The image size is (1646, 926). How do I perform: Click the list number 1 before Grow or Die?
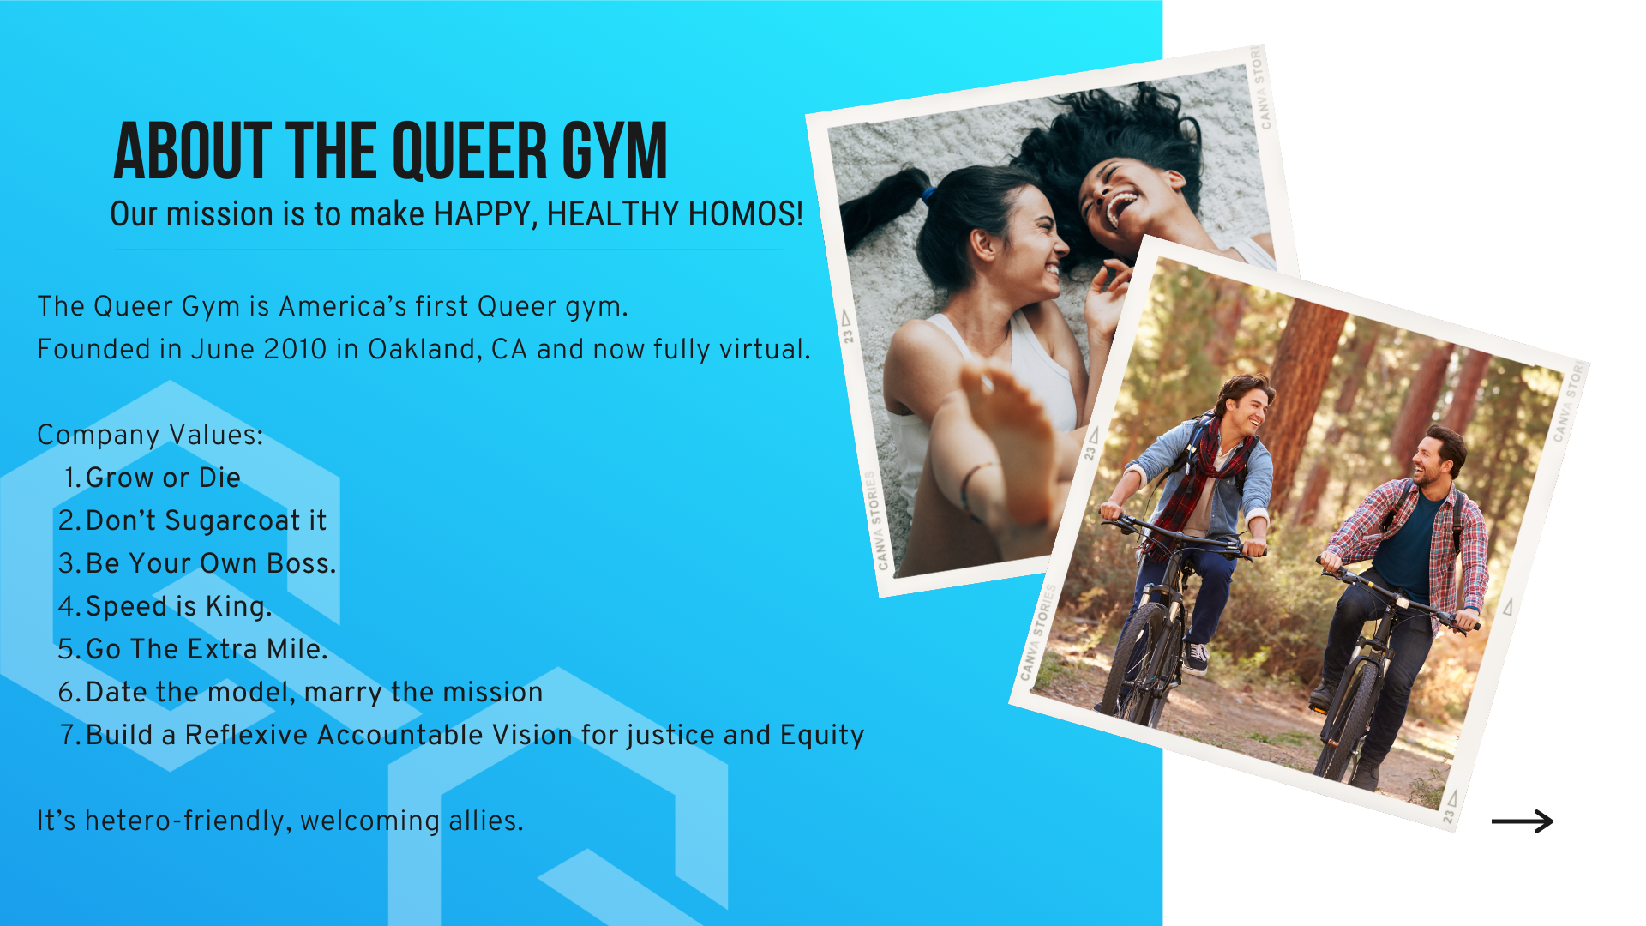pos(71,478)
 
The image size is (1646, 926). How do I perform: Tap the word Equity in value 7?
pos(822,736)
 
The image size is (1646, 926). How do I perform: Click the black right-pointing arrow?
pos(1523,821)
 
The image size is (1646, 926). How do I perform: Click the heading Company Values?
pos(150,435)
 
